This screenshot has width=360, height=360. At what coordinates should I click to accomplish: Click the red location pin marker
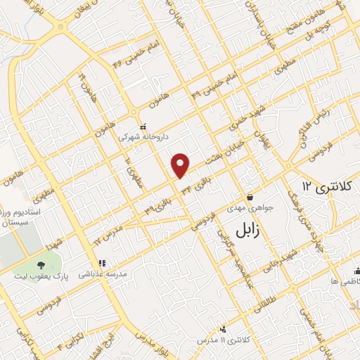point(181,165)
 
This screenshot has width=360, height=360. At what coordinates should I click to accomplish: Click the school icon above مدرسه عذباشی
point(101,264)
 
